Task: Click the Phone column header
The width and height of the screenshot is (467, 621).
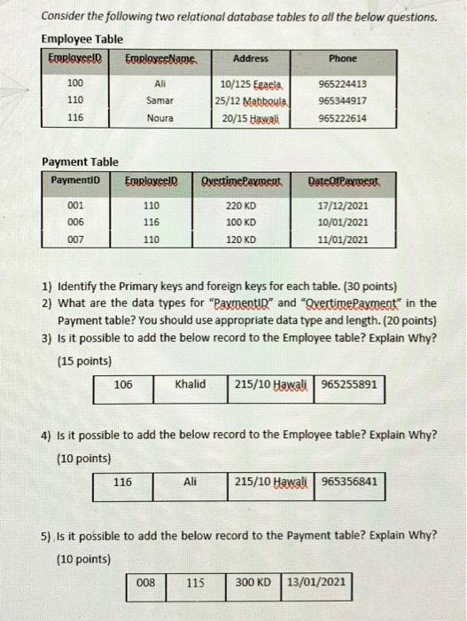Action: (342, 59)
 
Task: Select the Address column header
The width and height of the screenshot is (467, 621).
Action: (250, 59)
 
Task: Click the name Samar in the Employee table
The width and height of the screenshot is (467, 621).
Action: (160, 101)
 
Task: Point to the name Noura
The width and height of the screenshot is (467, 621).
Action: (160, 117)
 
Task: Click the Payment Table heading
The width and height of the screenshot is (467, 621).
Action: (81, 162)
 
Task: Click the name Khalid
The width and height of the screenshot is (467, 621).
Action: (190, 384)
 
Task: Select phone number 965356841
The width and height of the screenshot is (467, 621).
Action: (349, 482)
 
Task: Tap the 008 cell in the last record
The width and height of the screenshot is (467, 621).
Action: (145, 583)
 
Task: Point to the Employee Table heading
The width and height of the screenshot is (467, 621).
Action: (82, 39)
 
